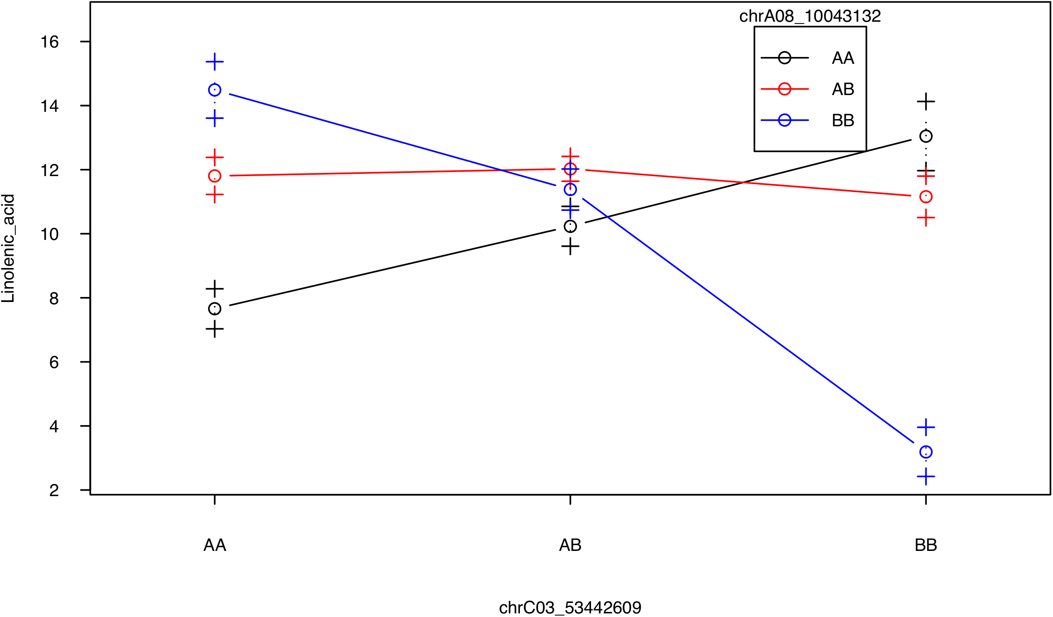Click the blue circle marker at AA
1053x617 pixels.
[214, 90]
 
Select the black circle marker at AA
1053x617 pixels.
[214, 309]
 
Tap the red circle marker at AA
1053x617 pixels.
[214, 176]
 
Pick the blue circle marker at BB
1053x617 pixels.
[926, 452]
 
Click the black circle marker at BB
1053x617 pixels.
[926, 136]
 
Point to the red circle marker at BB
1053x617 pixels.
[926, 197]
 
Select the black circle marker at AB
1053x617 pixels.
[570, 226]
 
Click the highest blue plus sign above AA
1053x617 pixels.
[214, 62]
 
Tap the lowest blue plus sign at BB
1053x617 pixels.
[926, 477]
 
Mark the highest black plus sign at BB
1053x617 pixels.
[926, 101]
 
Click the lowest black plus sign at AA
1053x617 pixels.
[214, 329]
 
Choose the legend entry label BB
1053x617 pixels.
[843, 120]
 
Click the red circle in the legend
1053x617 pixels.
[785, 89]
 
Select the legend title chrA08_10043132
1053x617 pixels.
[810, 16]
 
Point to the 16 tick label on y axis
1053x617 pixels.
[49, 42]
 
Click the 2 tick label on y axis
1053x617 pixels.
[54, 490]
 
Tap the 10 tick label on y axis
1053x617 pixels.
[49, 234]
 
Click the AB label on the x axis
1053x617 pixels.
[570, 545]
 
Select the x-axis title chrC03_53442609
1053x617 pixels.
[570, 607]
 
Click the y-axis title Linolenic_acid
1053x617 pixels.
[8, 249]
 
